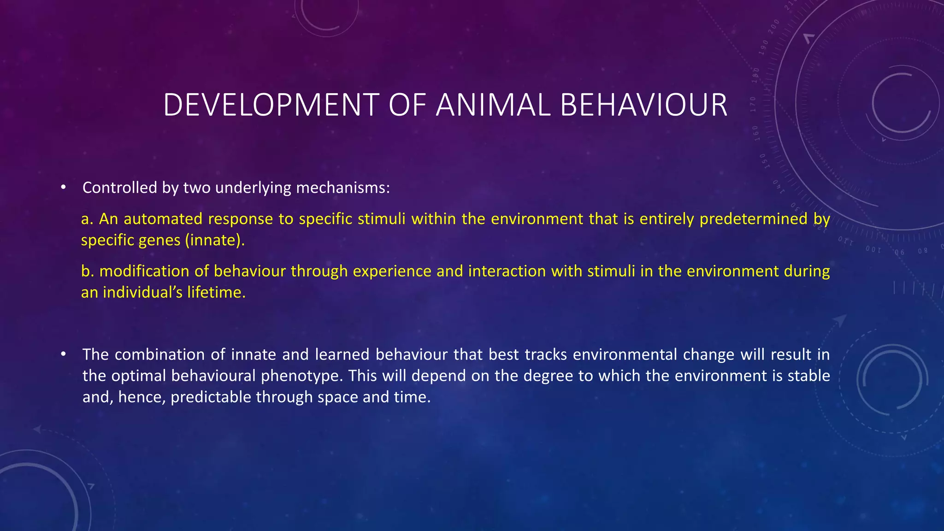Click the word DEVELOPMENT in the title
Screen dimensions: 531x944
pyautogui.click(x=271, y=105)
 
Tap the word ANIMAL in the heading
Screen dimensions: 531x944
pyautogui.click(x=493, y=105)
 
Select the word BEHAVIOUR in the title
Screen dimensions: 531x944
pyautogui.click(x=644, y=105)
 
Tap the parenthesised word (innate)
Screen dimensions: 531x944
pyautogui.click(x=215, y=240)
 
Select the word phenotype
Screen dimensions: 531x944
pyautogui.click(x=302, y=376)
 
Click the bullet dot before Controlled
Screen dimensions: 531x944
pyautogui.click(x=64, y=188)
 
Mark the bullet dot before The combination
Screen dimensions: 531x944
pyautogui.click(x=64, y=354)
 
